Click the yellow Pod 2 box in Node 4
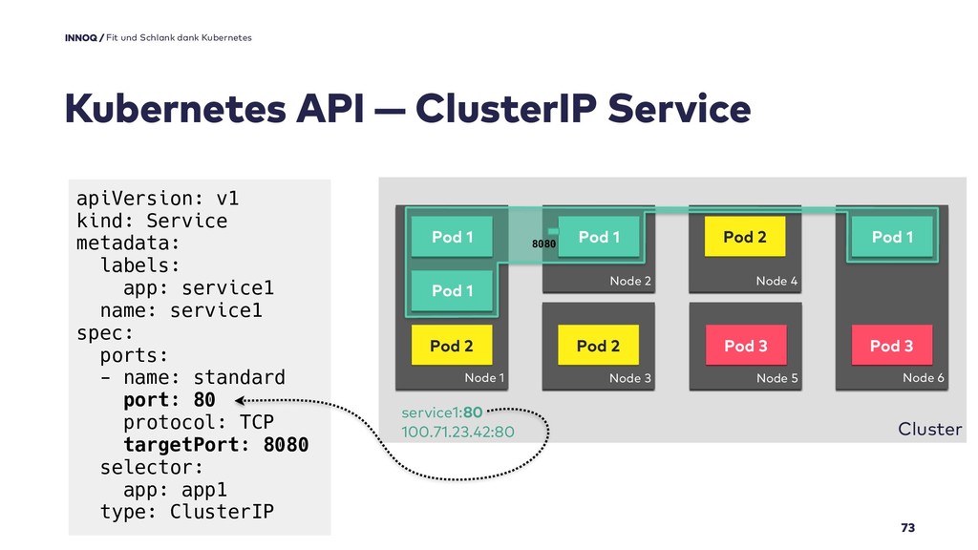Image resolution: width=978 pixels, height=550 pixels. pyautogui.click(x=745, y=237)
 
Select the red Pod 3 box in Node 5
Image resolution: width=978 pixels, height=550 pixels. pyautogui.click(x=745, y=345)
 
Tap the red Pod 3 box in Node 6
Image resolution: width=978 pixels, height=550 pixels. pyautogui.click(x=892, y=345)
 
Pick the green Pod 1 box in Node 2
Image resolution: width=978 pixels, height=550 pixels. pyautogui.click(x=599, y=237)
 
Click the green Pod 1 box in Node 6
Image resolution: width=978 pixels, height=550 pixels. pyautogui.click(x=892, y=237)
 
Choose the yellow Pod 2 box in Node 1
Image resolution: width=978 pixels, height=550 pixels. pyautogui.click(x=452, y=345)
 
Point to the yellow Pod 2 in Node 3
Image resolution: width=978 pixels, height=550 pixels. pyautogui.click(x=598, y=345)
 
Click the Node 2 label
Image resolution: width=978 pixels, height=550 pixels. pyautogui.click(x=630, y=281)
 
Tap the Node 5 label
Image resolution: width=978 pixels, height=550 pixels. pyautogui.click(x=776, y=378)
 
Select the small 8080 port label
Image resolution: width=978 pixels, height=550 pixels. pyautogui.click(x=543, y=243)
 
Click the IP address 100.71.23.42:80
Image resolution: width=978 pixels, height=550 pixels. pyautogui.click(x=457, y=432)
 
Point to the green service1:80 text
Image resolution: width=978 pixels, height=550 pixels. pyautogui.click(x=441, y=412)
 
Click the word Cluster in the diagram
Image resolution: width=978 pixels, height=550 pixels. pyautogui.click(x=929, y=429)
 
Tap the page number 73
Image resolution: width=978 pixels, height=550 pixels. pyautogui.click(x=907, y=527)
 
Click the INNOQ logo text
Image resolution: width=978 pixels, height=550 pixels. pyautogui.click(x=80, y=37)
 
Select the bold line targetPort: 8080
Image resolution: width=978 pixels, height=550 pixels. pyautogui.click(x=216, y=445)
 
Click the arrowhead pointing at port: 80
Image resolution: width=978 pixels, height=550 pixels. pyautogui.click(x=240, y=400)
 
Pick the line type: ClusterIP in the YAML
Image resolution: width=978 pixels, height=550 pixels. pyautogui.click(x=186, y=512)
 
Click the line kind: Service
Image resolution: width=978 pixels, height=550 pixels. pyautogui.click(x=152, y=221)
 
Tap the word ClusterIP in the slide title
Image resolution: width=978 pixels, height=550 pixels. pyautogui.click(x=506, y=109)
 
